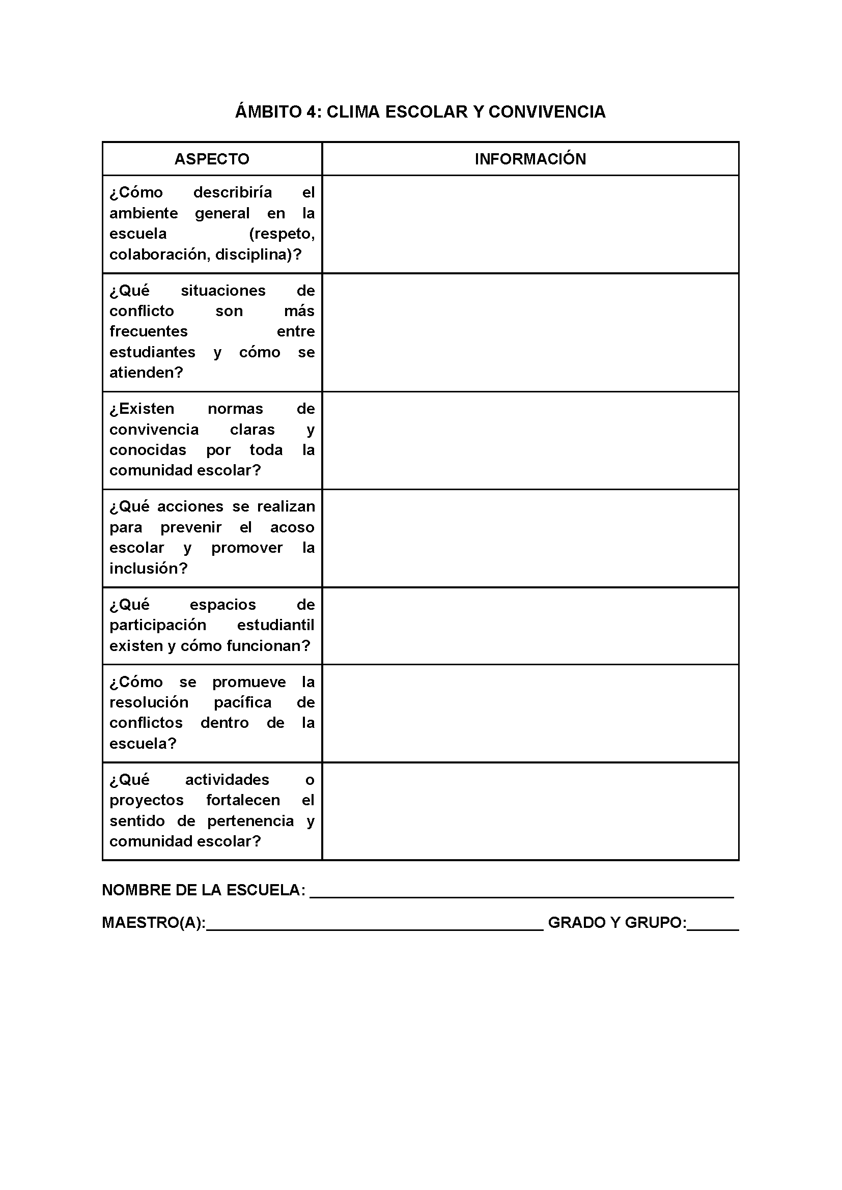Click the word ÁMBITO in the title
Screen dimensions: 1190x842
pos(268,112)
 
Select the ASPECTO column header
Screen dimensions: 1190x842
pos(212,159)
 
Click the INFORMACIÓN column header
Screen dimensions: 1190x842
pos(530,159)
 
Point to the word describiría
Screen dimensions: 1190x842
pos(232,193)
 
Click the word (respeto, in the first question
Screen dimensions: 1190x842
pos(282,234)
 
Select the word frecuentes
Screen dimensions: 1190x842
pos(148,331)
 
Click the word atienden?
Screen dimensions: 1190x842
pos(146,373)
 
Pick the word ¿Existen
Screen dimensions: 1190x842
pos(142,409)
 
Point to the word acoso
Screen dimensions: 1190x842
pos(292,528)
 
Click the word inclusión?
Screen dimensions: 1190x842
pos(148,569)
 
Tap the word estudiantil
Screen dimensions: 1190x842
pos(275,626)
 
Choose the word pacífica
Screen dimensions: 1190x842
pos(242,703)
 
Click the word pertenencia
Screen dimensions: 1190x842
pos(250,821)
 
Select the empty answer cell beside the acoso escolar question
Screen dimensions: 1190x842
pos(530,538)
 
